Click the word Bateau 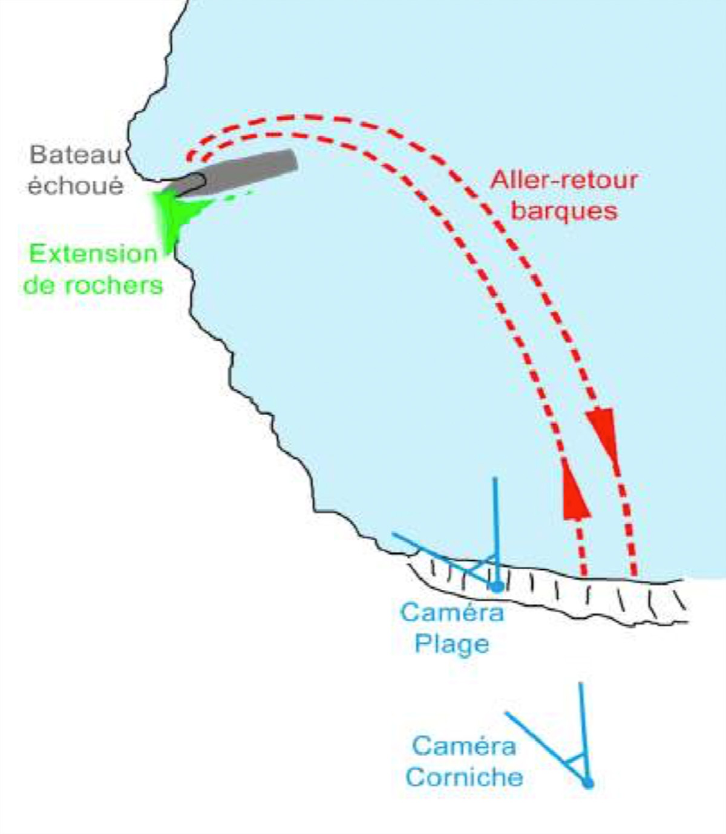pos(76,155)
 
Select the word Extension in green pos(93,254)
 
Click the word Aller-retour pos(564,179)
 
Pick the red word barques pos(564,211)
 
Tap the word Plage pos(452,645)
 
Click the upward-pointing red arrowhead pos(575,489)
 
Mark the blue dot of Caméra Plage pos(497,587)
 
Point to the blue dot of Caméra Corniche pos(588,783)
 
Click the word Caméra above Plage pos(452,612)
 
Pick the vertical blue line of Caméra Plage pos(496,532)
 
